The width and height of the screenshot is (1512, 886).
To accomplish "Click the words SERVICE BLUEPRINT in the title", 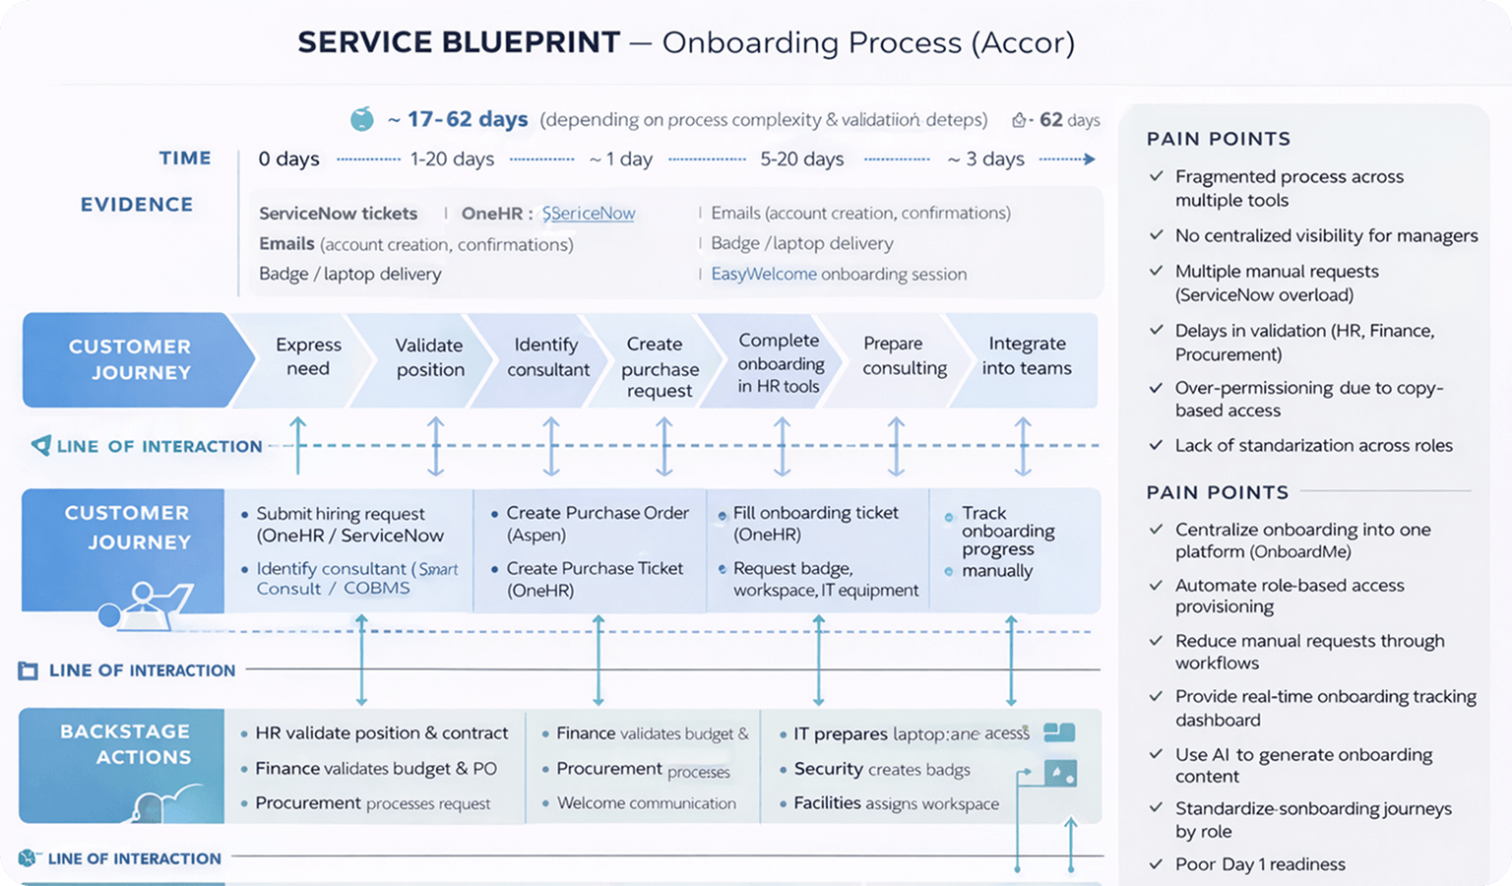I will [459, 42].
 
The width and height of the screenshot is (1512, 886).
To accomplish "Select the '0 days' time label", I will [288, 158].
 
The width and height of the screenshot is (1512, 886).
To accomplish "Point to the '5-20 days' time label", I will [801, 158].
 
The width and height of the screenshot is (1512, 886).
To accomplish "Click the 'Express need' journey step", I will [308, 356].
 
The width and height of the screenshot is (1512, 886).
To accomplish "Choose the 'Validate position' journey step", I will [429, 357].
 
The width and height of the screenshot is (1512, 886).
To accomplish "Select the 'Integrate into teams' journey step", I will [1026, 355].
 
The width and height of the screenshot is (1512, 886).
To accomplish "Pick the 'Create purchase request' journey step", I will [659, 367].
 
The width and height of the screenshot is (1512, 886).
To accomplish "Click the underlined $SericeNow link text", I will [589, 213].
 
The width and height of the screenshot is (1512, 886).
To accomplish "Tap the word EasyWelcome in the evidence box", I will [764, 274].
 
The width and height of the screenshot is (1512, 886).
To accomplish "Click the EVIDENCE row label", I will [137, 205].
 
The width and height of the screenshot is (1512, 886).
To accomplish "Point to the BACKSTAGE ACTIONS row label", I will [125, 744].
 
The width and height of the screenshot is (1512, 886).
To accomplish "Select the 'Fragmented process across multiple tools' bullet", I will [1289, 188].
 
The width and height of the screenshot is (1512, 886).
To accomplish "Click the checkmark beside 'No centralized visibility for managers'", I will [1157, 235].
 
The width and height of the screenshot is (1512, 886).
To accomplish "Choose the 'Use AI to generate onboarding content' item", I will [1302, 765].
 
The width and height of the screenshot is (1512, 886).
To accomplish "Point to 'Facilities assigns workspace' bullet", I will [895, 803].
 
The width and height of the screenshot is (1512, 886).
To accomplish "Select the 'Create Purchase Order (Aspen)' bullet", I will [597, 524].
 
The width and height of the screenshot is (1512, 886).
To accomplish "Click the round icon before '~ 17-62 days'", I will [362, 120].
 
